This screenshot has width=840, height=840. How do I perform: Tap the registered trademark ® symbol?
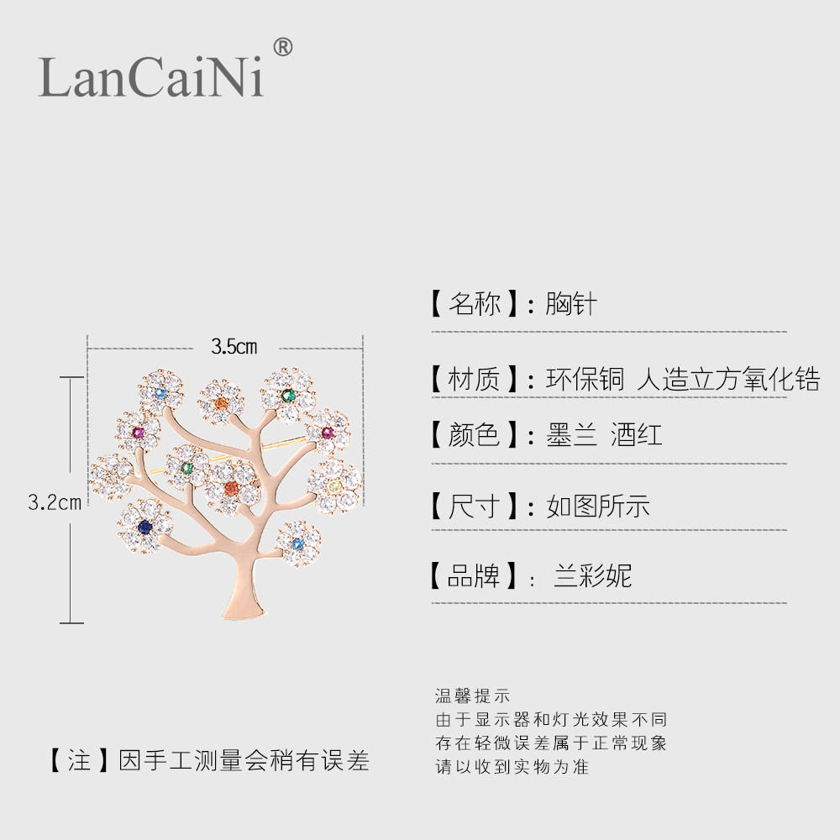[x=283, y=48]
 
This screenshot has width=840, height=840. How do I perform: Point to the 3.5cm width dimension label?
[x=234, y=346]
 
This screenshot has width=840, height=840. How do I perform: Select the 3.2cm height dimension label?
[x=55, y=502]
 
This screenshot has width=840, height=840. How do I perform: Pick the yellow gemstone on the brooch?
[x=334, y=488]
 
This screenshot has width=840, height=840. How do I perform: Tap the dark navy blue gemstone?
[x=145, y=527]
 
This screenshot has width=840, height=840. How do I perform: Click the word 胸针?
[x=571, y=303]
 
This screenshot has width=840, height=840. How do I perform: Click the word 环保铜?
[x=585, y=379]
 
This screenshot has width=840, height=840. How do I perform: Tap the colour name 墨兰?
[x=571, y=435]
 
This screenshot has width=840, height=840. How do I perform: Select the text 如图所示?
[x=598, y=506]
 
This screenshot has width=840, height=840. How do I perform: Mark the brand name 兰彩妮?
[x=592, y=576]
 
